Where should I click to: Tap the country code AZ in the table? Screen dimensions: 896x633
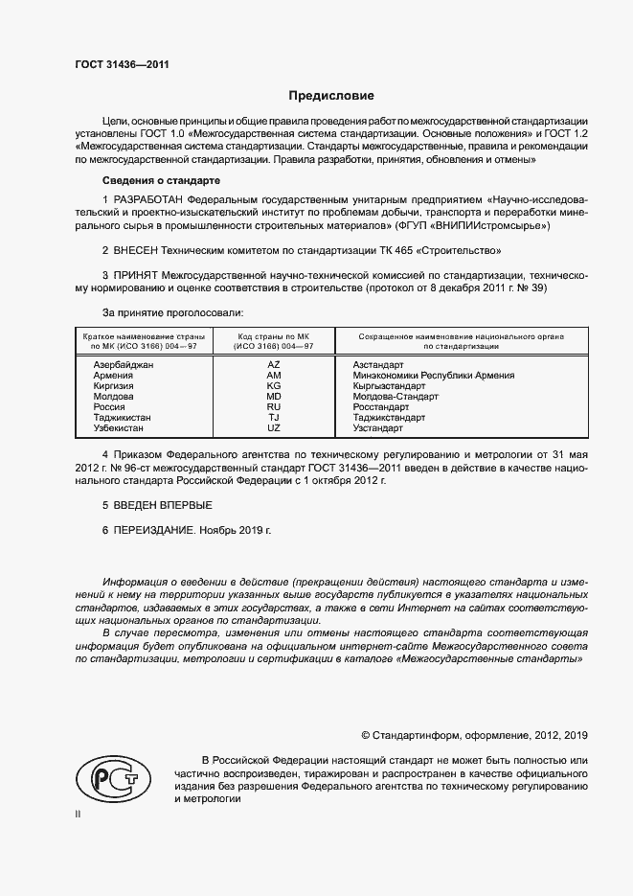[x=273, y=365]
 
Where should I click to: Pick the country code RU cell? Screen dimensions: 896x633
[x=273, y=407]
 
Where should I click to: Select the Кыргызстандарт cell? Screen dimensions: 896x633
[x=389, y=386]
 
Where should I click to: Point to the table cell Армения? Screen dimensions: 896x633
[x=113, y=376]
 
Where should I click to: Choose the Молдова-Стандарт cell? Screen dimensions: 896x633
[x=395, y=397]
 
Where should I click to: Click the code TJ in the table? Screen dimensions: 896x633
[x=273, y=418]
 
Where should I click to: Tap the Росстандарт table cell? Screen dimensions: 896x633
[x=383, y=407]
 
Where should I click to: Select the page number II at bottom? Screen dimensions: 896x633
[x=79, y=814]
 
